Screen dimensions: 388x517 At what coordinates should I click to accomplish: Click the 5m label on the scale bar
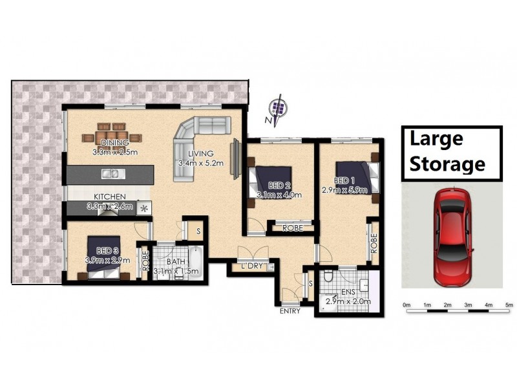[509, 305]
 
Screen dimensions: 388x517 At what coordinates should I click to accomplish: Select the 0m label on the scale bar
[406, 305]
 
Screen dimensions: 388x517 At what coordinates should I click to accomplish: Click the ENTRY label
[290, 311]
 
